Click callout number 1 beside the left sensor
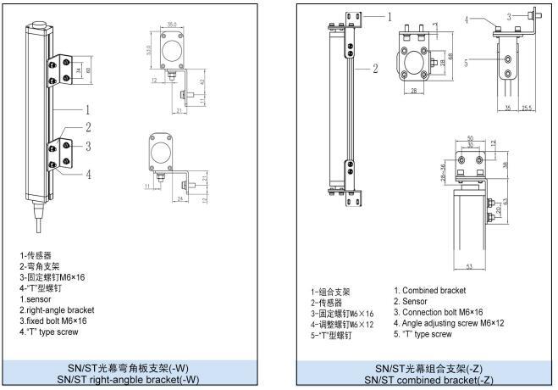[87, 110]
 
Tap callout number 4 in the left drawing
[87, 175]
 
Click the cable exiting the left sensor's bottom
[36, 228]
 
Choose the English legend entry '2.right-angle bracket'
[58, 309]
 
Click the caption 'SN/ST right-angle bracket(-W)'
[129, 380]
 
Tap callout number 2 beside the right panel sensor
[375, 68]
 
